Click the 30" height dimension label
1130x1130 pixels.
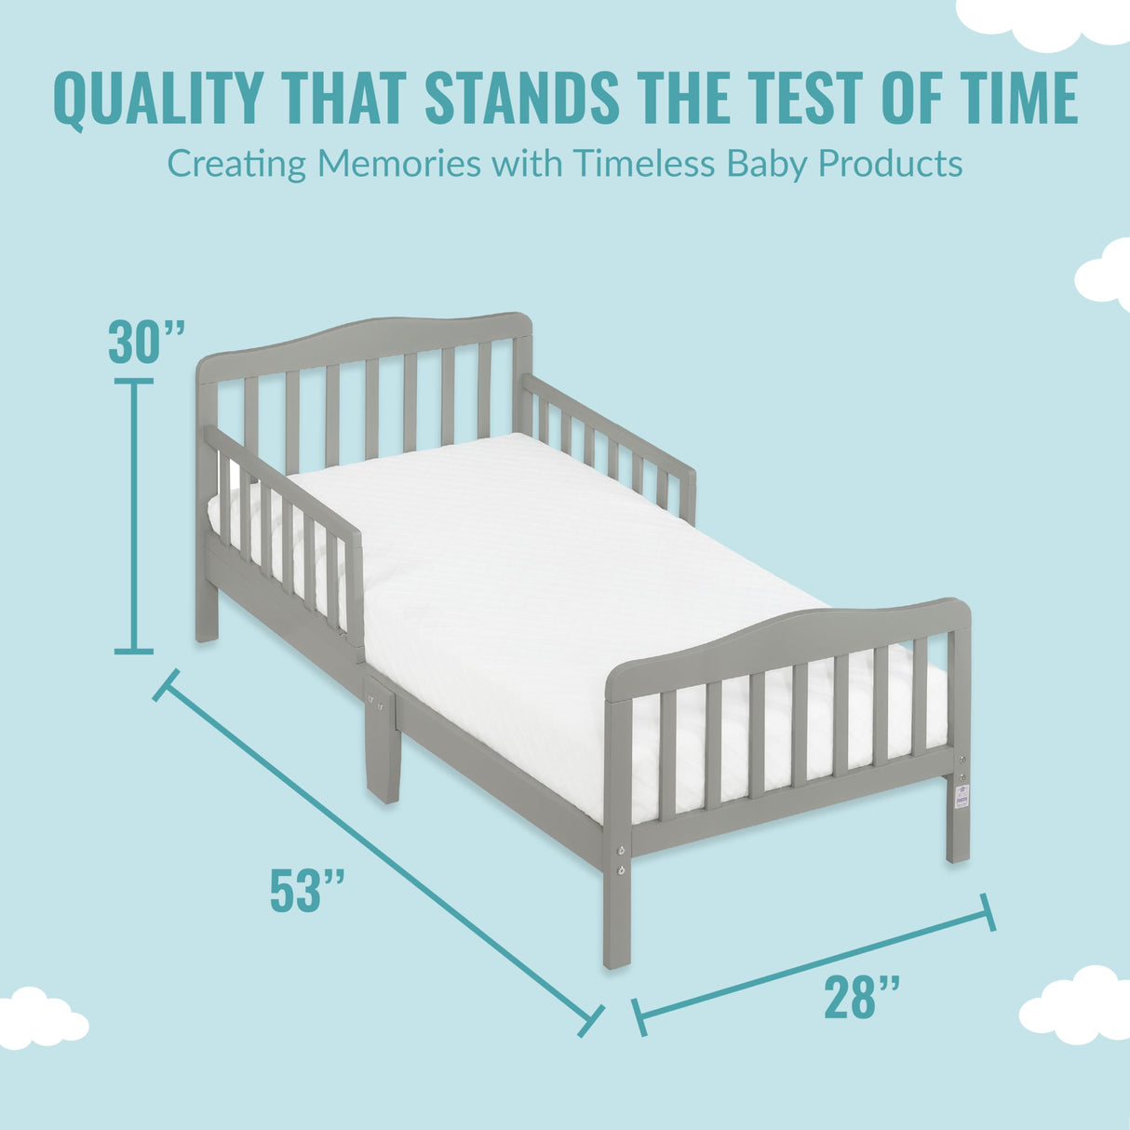146,342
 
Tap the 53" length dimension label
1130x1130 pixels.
307,890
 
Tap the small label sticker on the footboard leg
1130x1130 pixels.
961,797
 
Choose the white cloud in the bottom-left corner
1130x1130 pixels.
39,1016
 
